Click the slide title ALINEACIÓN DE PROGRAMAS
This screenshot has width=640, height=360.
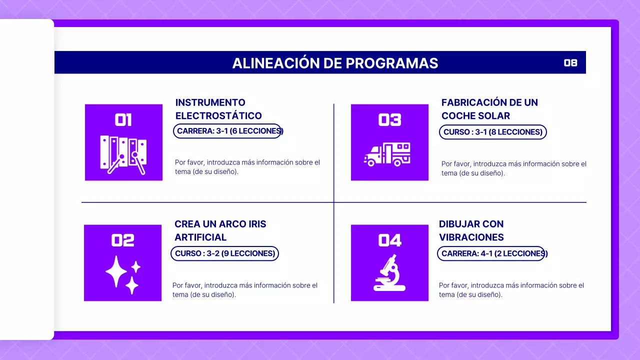(335, 63)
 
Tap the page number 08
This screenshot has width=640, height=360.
(570, 63)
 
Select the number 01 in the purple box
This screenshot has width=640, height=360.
(123, 120)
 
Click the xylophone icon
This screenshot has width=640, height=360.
(123, 154)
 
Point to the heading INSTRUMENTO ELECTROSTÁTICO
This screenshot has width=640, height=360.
(218, 109)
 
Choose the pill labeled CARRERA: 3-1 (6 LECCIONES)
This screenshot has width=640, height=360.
(227, 131)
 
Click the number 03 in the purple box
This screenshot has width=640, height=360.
(389, 120)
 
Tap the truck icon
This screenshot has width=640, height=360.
(387, 154)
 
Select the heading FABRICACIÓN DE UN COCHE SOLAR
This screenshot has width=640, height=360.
(489, 109)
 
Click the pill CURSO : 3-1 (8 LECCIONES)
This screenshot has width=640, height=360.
(492, 132)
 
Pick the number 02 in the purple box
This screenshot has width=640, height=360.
(123, 240)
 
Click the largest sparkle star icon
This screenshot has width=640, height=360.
(116, 271)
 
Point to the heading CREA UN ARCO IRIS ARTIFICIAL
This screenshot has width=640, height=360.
(220, 230)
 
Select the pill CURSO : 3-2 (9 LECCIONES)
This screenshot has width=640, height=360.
(225, 253)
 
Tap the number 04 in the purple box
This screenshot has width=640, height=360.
(389, 240)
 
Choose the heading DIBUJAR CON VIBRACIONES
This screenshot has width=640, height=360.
(471, 230)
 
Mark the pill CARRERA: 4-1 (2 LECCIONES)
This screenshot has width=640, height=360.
(491, 253)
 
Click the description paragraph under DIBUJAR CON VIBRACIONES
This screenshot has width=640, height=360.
(511, 290)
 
